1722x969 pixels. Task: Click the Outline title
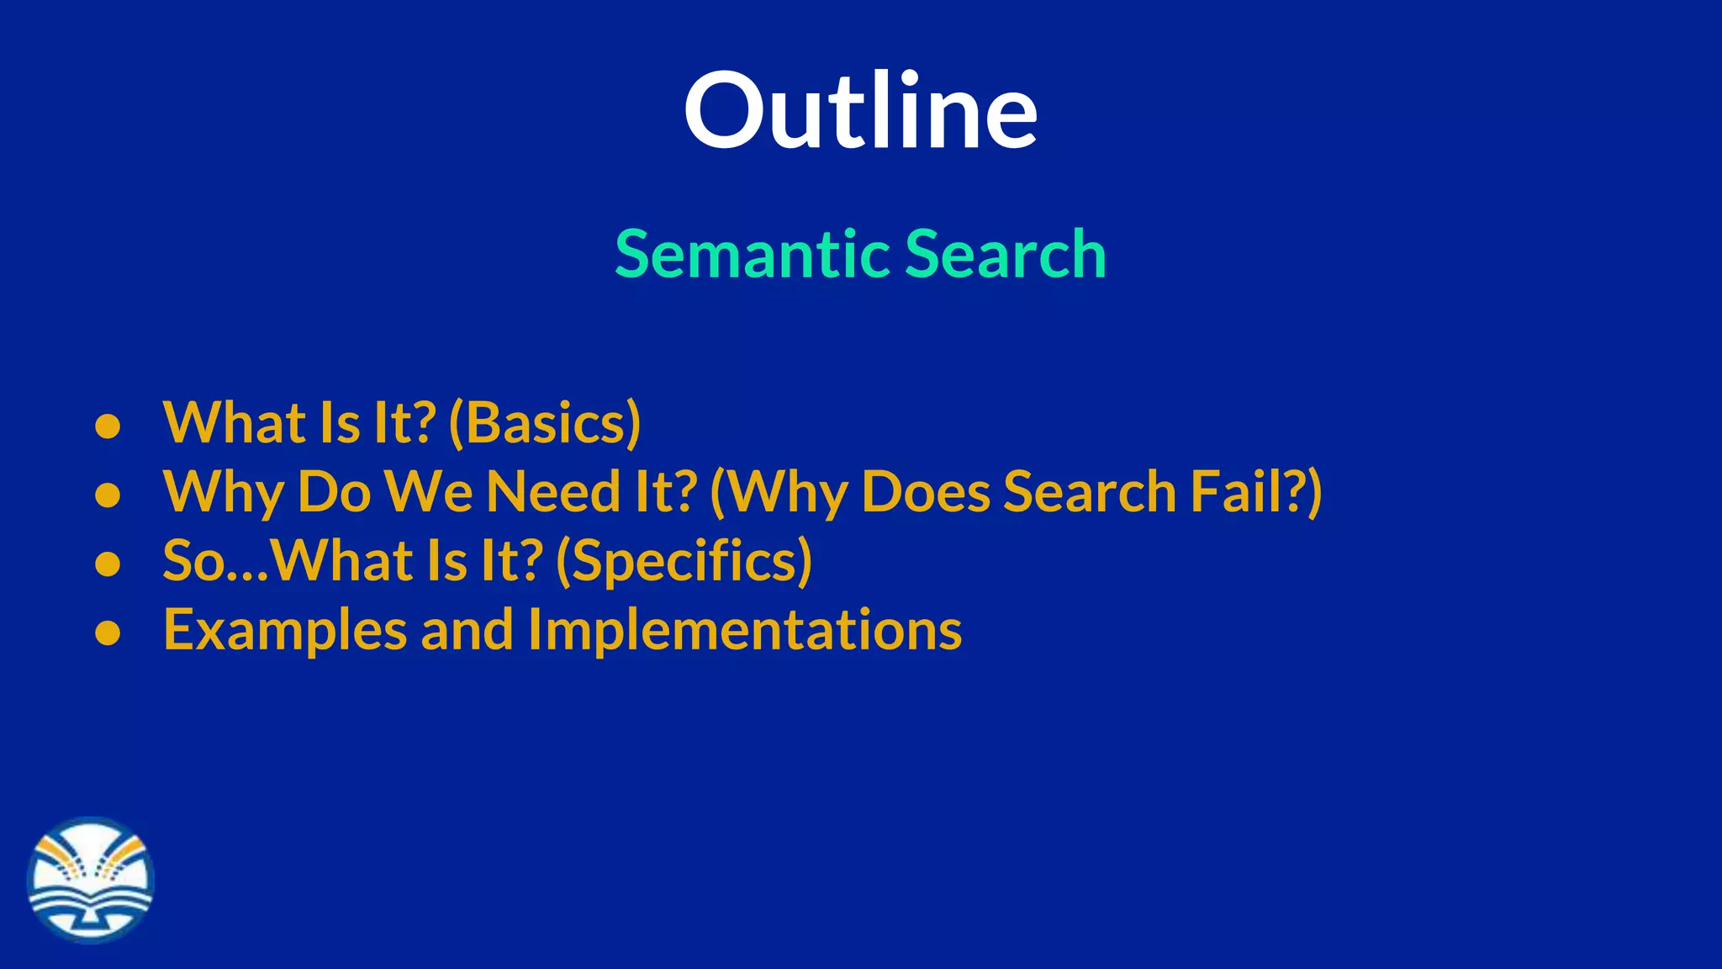(x=860, y=112)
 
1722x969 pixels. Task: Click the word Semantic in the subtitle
(x=753, y=254)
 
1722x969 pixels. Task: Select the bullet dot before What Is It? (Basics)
(x=108, y=426)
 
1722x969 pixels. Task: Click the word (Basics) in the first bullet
(x=545, y=423)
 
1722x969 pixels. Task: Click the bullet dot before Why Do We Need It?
(x=108, y=495)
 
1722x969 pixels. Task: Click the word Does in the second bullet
(x=926, y=492)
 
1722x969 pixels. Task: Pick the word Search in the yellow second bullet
(x=1090, y=492)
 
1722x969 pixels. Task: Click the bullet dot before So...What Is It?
(x=108, y=564)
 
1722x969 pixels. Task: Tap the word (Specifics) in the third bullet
(x=684, y=562)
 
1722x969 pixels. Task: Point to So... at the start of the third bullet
(x=214, y=562)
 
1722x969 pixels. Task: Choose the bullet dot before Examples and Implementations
(x=108, y=633)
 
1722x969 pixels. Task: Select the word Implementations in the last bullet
(x=745, y=631)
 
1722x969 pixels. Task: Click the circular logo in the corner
(x=91, y=880)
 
